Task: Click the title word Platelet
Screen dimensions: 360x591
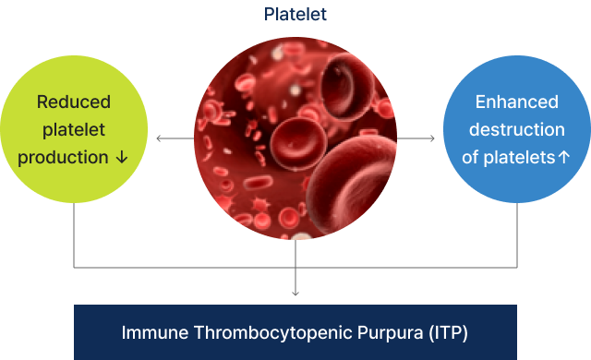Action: click(x=295, y=14)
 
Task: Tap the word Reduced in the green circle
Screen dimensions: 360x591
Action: click(x=74, y=102)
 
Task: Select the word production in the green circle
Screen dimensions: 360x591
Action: click(x=64, y=157)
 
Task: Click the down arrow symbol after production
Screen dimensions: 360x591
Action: click(x=122, y=157)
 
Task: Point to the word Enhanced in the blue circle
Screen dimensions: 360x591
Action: click(x=516, y=102)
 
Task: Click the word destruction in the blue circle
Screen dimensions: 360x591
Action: click(x=516, y=129)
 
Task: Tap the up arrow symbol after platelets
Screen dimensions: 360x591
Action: click(x=563, y=157)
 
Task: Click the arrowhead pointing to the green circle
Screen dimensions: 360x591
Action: click(x=158, y=138)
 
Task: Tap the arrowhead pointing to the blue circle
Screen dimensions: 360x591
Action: click(x=432, y=138)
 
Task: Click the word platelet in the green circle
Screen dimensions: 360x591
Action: click(x=74, y=129)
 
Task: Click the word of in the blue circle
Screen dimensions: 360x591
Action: click(x=470, y=157)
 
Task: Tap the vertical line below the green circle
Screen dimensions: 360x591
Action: click(x=74, y=235)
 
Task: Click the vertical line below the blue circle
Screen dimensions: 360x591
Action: click(x=516, y=235)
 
